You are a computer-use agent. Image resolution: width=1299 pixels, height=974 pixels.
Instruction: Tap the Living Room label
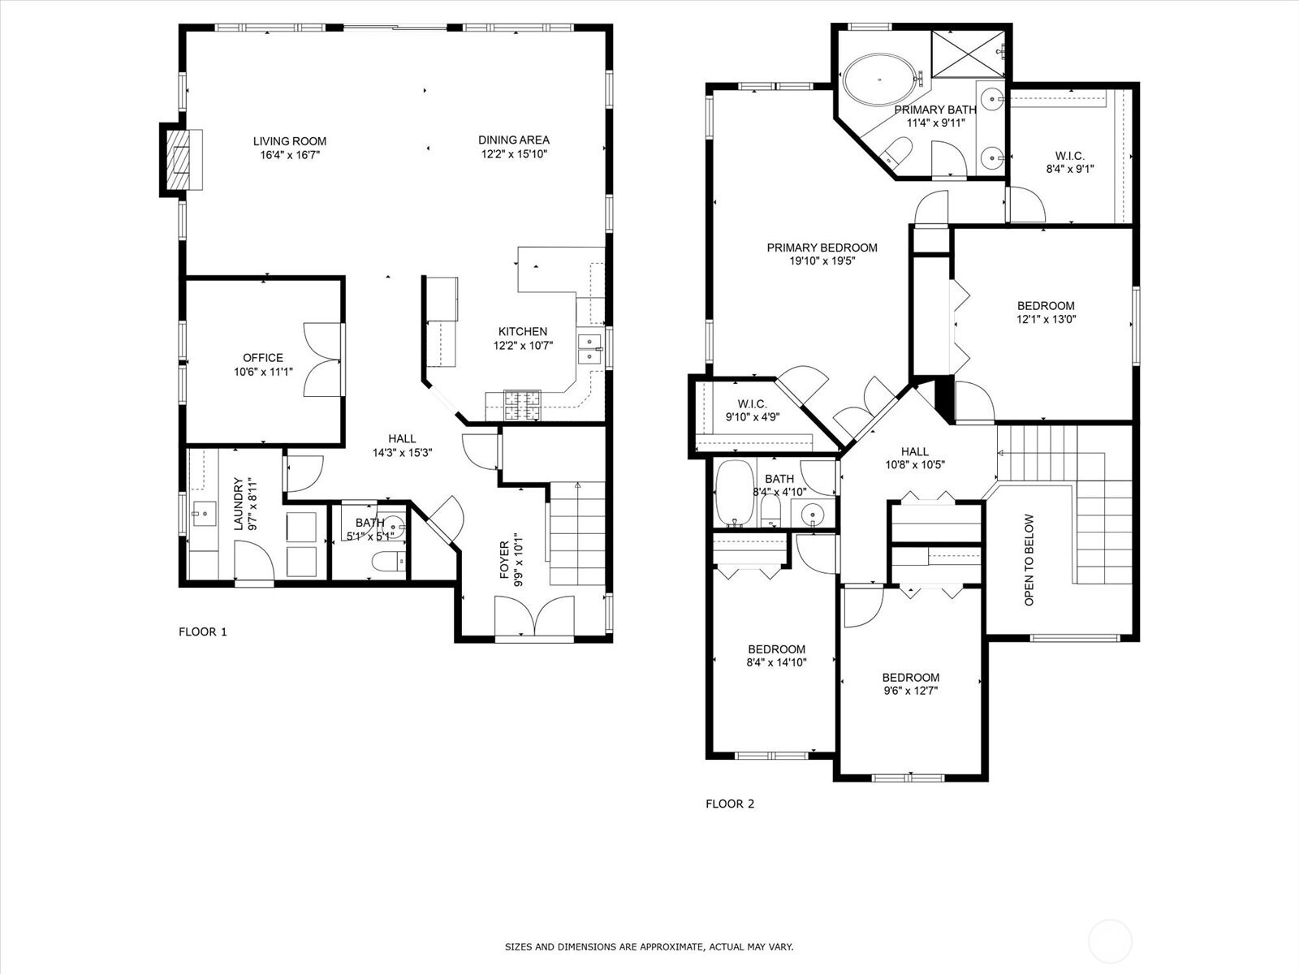point(290,141)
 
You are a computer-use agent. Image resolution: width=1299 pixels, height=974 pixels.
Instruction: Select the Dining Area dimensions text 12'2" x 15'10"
point(514,154)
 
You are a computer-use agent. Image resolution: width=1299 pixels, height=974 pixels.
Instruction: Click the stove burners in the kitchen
point(522,405)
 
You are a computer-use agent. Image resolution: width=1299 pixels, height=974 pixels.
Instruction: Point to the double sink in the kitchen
point(589,350)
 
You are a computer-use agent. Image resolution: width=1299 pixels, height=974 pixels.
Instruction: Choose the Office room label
point(263,358)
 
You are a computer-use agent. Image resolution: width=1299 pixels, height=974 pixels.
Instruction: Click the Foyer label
point(504,559)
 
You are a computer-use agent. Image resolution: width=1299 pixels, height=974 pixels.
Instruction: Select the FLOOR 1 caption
point(202,631)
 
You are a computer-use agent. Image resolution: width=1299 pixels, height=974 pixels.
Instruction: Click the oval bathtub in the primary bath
point(879,80)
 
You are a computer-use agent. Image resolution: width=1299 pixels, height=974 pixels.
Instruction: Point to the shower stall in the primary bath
point(969,54)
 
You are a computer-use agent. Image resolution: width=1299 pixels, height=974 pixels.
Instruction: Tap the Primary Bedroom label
point(822,248)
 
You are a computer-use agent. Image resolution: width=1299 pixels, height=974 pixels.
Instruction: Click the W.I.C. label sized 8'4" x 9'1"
point(1069,156)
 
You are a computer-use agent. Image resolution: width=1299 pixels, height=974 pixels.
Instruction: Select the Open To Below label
point(1029,559)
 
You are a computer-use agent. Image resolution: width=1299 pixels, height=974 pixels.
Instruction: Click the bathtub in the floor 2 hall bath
point(735,493)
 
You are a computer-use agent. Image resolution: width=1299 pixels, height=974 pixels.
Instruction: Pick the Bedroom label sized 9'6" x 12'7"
point(911,678)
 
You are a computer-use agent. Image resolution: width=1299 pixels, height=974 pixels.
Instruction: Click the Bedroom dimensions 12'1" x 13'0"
point(1046,319)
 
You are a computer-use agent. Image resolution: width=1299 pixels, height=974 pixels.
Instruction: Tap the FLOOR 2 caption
point(730,804)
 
